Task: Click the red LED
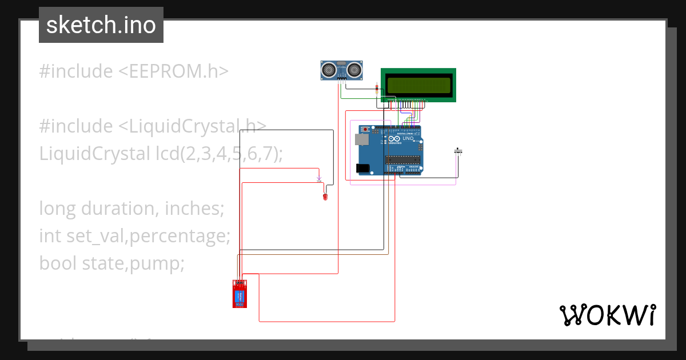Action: point(325,197)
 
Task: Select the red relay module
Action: point(240,294)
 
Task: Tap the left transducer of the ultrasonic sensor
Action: point(329,70)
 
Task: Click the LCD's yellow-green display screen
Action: point(418,85)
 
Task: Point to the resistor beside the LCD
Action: point(377,88)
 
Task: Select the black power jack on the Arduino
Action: point(362,168)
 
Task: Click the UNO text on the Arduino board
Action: point(408,139)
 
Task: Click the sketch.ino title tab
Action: point(101,25)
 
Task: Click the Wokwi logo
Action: point(607,315)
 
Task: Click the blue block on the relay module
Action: point(240,297)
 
